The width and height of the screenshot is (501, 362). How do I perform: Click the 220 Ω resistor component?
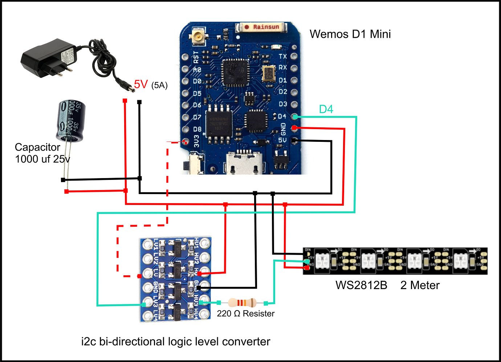(x=242, y=303)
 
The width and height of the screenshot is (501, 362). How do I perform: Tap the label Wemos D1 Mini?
(x=350, y=34)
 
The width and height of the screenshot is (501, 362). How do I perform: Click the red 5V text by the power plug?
(x=141, y=84)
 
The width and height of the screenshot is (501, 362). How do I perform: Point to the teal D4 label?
(x=326, y=109)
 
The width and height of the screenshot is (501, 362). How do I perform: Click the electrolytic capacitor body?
(x=71, y=121)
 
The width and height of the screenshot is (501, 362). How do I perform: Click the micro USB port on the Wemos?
(x=244, y=163)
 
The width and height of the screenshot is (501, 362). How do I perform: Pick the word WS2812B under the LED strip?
(x=361, y=285)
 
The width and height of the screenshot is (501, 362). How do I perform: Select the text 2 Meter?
(x=420, y=285)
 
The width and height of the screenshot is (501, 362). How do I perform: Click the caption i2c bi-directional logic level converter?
(x=176, y=341)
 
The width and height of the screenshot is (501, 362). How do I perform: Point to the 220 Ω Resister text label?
(x=246, y=314)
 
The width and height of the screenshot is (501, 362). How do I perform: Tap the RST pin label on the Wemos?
(x=196, y=56)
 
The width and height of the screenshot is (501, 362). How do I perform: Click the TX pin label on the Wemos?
(x=283, y=56)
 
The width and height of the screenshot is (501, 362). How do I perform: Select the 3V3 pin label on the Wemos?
(x=196, y=141)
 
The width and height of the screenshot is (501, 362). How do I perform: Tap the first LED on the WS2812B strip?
(x=322, y=260)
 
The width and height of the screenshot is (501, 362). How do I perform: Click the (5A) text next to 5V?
(x=159, y=86)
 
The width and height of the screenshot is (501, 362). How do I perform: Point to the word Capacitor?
(x=37, y=147)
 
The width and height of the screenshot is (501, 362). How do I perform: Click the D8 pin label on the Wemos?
(x=197, y=129)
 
